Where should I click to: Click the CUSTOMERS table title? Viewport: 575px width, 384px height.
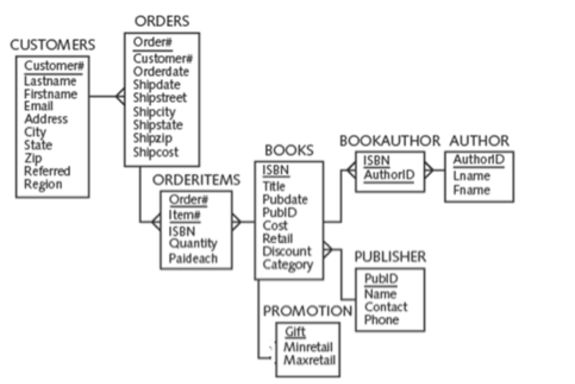click(52, 45)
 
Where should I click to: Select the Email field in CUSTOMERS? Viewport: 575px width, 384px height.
click(38, 106)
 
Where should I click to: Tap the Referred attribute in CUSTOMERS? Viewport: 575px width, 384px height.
click(47, 171)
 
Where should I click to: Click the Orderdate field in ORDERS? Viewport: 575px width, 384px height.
click(161, 72)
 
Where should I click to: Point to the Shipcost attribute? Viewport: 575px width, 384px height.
click(155, 152)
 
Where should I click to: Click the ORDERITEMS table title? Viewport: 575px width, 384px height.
click(196, 180)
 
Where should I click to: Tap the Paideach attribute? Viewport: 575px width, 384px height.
click(193, 258)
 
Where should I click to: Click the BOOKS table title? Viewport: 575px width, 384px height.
click(289, 150)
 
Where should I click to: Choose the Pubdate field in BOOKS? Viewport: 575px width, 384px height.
click(285, 199)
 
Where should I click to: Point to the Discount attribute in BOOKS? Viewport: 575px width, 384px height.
click(286, 251)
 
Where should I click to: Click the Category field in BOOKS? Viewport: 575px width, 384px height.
click(287, 265)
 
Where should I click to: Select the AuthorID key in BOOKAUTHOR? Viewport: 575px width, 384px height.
click(390, 174)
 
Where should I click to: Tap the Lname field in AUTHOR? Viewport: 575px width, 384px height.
click(471, 176)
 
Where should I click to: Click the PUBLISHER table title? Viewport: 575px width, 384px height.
click(390, 257)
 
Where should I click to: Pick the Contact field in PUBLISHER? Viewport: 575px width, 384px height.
click(386, 307)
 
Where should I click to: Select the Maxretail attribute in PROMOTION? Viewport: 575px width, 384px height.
click(310, 360)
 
